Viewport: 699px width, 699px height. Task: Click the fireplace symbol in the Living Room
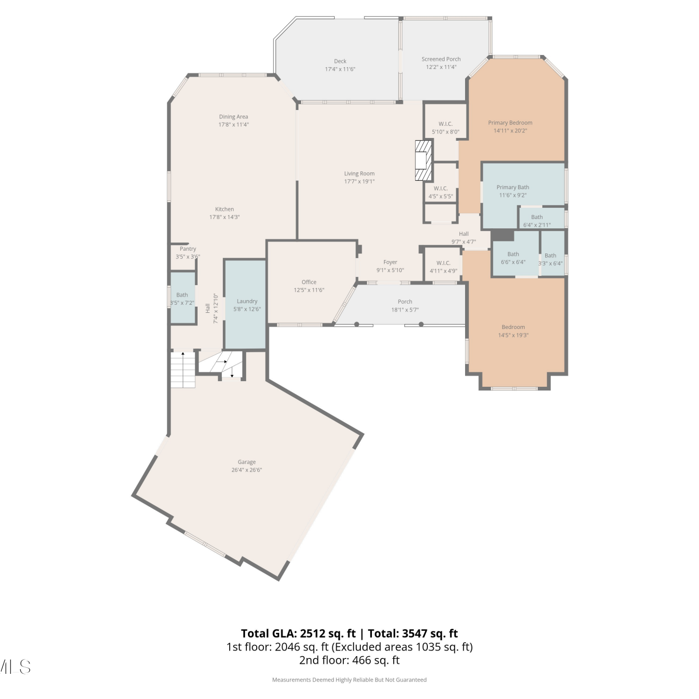(x=424, y=160)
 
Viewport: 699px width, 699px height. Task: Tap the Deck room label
(x=340, y=61)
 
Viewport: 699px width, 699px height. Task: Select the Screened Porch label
(x=441, y=59)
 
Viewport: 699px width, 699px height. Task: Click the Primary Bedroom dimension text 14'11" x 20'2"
(x=510, y=131)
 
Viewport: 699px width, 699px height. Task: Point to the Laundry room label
(x=247, y=302)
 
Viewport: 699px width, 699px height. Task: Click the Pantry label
(x=188, y=249)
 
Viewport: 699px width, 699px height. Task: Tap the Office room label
(x=309, y=282)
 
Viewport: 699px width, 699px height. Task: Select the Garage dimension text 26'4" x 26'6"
(x=247, y=470)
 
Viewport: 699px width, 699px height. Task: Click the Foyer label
(x=391, y=262)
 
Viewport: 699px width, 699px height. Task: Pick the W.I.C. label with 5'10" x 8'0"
(x=445, y=124)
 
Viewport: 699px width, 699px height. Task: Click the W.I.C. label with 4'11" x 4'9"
(x=443, y=263)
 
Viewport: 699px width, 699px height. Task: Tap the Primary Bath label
(x=513, y=187)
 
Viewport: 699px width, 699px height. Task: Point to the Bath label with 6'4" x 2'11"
(x=537, y=217)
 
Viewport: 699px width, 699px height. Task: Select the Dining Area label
(x=233, y=117)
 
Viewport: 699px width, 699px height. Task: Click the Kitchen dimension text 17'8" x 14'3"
(x=224, y=217)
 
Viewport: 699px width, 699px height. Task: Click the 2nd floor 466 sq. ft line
(x=349, y=660)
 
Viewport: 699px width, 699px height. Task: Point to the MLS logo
(x=15, y=667)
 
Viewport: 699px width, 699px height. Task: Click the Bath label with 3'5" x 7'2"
(x=182, y=295)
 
